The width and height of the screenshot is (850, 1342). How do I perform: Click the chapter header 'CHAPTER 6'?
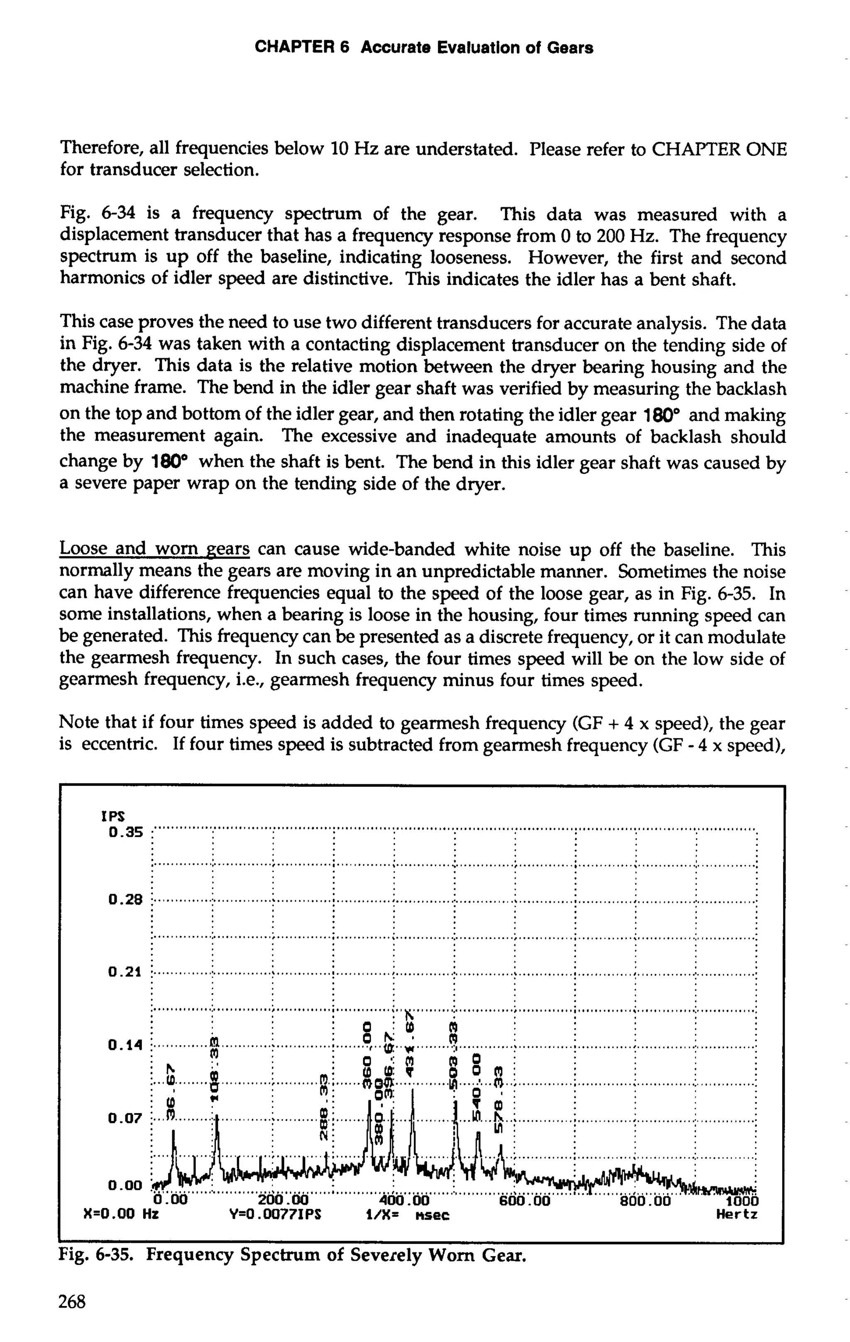click(x=302, y=48)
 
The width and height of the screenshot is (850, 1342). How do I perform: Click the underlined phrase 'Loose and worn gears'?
click(x=154, y=549)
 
